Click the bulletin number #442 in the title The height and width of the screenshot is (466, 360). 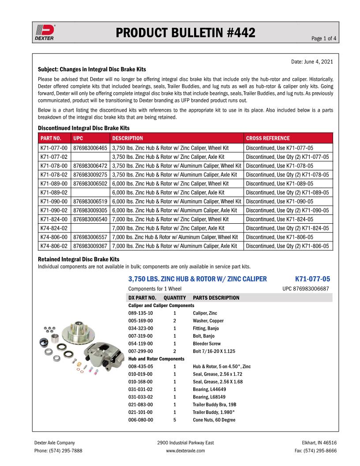click(x=236, y=33)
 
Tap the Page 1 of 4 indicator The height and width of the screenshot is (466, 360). click(x=324, y=38)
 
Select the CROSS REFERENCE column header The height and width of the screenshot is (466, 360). click(x=268, y=138)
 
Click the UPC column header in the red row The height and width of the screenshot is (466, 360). click(x=78, y=138)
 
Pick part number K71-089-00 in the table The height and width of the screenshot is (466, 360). click(x=54, y=184)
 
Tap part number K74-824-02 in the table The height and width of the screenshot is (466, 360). click(x=54, y=228)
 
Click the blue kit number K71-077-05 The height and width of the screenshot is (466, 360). click(x=312, y=279)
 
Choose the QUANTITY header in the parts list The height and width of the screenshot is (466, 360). click(x=175, y=297)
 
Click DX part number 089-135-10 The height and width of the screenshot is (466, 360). click(x=141, y=313)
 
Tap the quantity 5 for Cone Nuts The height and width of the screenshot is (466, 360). click(x=175, y=420)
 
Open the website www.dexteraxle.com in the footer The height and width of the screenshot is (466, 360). click(x=185, y=451)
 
